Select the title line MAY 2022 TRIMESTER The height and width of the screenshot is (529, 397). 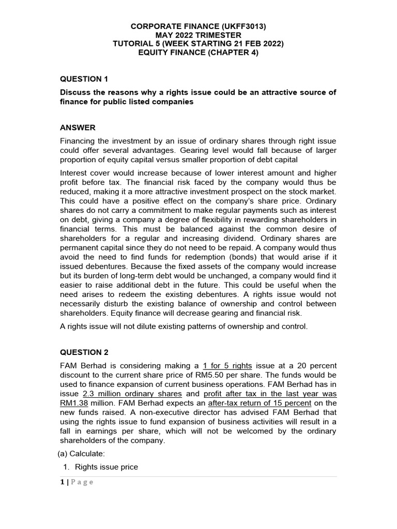click(x=198, y=34)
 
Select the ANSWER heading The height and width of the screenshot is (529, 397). click(x=78, y=128)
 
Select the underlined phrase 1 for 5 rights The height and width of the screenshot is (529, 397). click(x=227, y=365)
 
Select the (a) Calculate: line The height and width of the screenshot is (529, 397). click(x=81, y=453)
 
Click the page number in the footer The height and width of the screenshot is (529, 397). click(x=63, y=482)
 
